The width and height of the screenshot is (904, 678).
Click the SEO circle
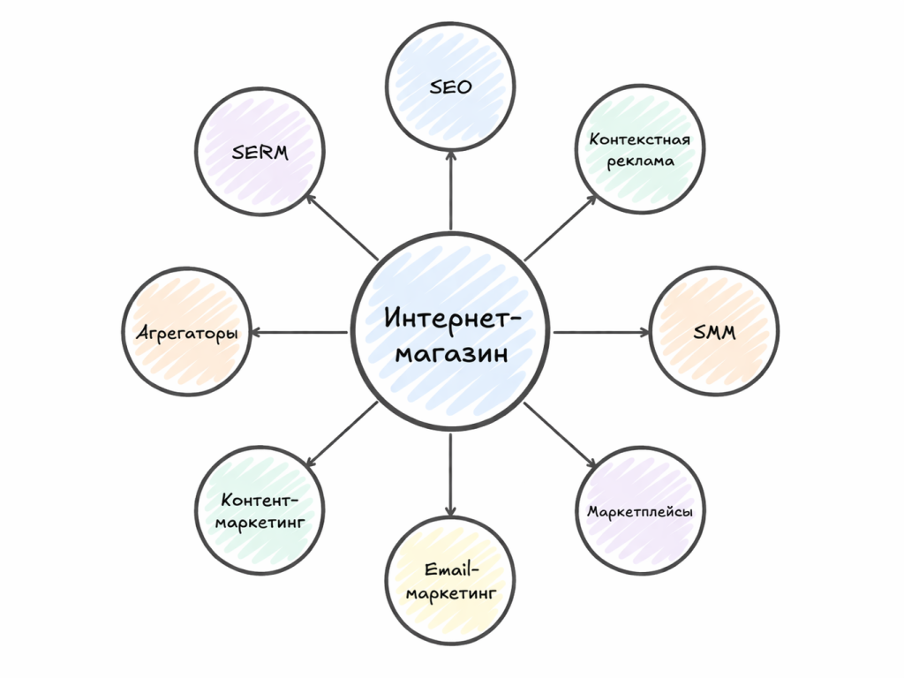coord(451,87)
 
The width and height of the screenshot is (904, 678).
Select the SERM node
coord(260,152)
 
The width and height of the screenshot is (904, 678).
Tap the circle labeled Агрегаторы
coord(188,334)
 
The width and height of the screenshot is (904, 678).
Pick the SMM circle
coord(715,333)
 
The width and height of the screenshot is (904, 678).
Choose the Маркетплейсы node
coord(641,511)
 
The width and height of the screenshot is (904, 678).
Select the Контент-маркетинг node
coord(260,511)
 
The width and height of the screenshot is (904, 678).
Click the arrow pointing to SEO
coord(451,190)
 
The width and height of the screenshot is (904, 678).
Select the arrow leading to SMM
coord(600,333)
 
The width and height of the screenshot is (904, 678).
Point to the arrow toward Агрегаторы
coord(300,333)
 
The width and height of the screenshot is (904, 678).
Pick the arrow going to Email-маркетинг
coord(451,472)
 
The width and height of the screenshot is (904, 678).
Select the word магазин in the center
coord(451,355)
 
